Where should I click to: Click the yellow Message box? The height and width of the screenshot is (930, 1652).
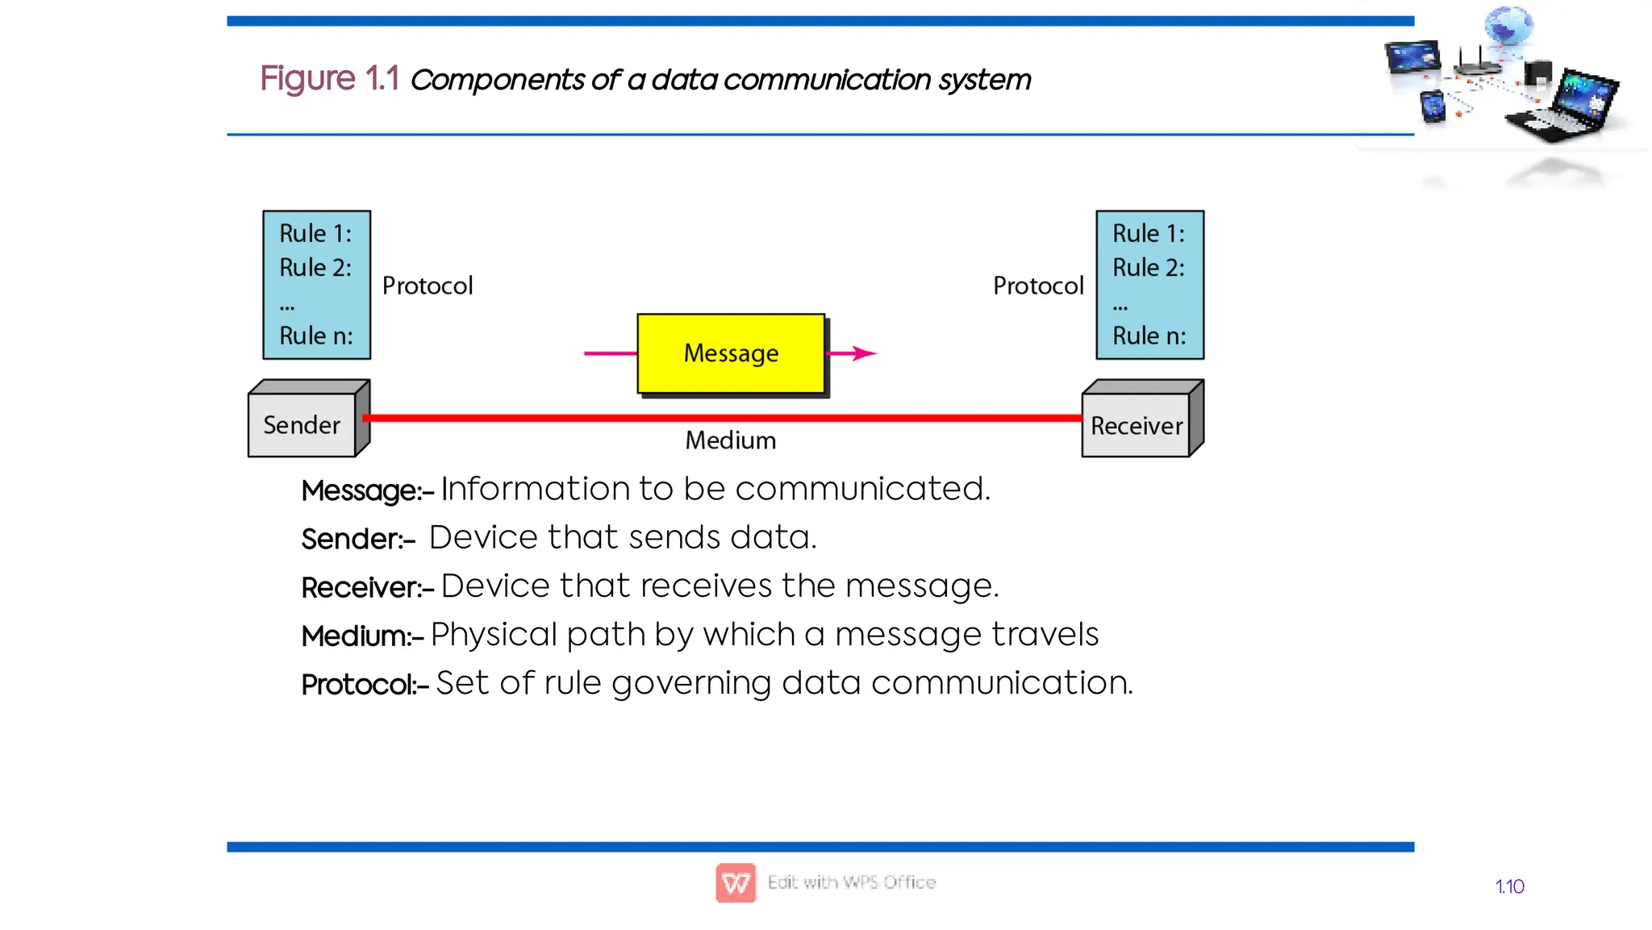point(731,353)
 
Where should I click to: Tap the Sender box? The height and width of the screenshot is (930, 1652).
point(302,425)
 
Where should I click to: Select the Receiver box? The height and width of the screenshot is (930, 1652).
point(1136,425)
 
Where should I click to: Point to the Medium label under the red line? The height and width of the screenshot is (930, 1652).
point(730,440)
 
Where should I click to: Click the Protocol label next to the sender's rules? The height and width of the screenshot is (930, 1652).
point(428,286)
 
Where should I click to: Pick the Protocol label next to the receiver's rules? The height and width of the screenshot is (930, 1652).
point(1038,286)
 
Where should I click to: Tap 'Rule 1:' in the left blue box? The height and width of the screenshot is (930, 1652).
point(315,234)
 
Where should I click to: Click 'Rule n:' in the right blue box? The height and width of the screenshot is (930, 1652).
point(1149,336)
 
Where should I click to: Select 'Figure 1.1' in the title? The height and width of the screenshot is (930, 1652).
point(329,79)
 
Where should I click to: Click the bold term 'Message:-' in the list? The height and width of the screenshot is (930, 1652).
point(367,490)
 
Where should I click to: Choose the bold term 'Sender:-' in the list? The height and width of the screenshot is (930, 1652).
point(358,539)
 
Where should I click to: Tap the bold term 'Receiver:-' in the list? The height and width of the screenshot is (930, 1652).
point(367,587)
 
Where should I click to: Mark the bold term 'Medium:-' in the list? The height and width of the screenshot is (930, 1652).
point(362,636)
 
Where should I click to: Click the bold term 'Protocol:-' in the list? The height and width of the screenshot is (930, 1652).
point(365,685)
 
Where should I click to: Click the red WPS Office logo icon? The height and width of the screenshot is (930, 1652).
point(736,882)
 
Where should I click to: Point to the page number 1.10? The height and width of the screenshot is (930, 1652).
point(1509,886)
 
